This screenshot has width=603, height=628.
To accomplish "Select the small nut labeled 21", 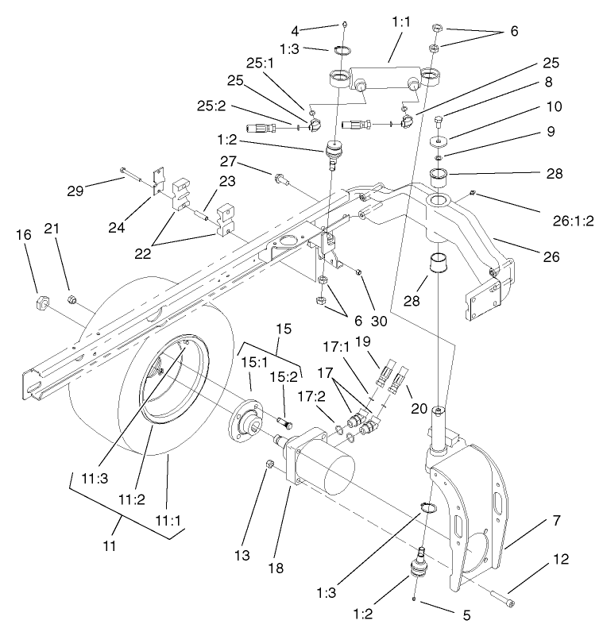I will pyautogui.click(x=70, y=299).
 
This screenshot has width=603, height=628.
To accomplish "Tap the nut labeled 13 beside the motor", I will pyautogui.click(x=269, y=464).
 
